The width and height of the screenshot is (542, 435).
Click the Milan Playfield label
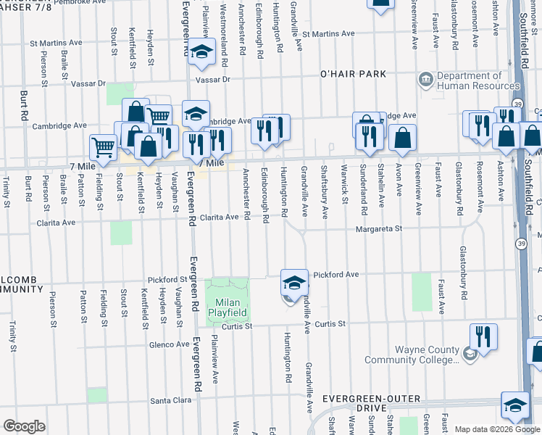229,307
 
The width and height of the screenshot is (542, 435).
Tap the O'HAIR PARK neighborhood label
354,74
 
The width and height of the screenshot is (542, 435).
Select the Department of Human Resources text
479,80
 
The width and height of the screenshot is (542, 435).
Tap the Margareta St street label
378,228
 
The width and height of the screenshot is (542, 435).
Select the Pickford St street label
167,279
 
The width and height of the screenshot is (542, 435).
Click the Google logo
24,426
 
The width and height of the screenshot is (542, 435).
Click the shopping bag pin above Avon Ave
402,137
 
